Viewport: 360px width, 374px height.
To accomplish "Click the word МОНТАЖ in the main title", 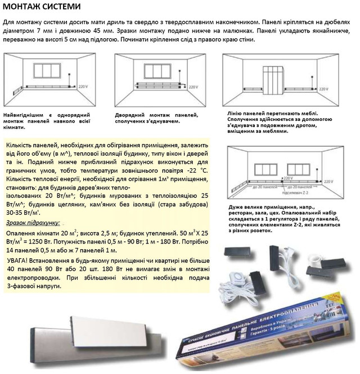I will tap(25, 7).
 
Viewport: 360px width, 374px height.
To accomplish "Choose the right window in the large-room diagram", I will tap(303, 168).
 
